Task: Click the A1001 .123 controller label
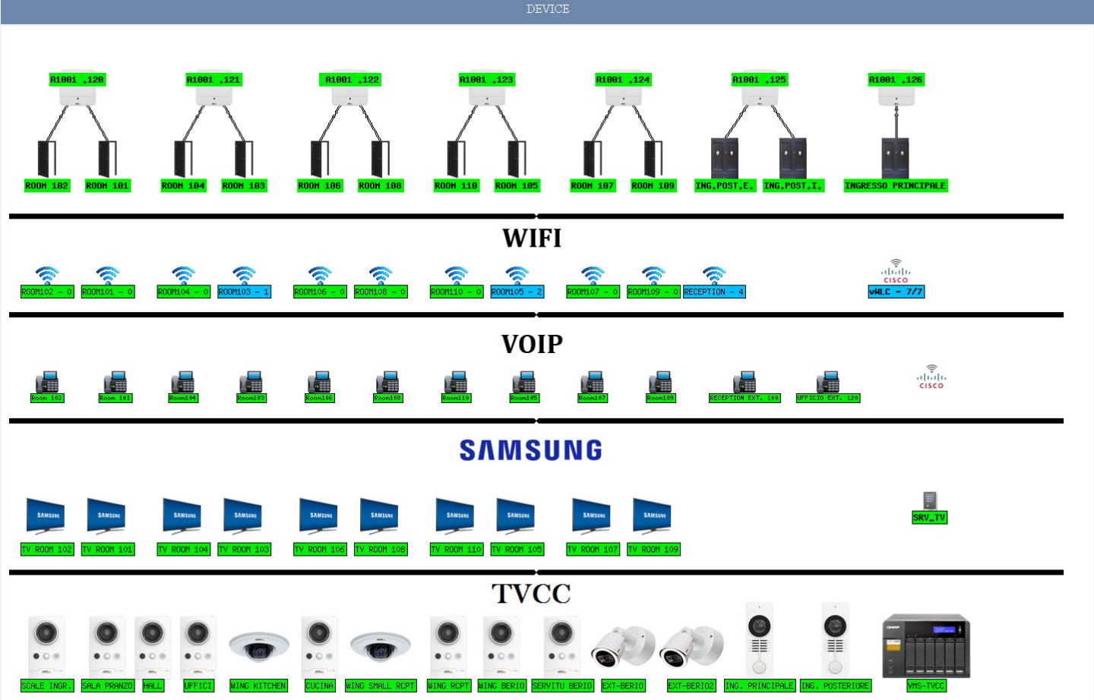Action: (486, 80)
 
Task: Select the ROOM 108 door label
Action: (380, 186)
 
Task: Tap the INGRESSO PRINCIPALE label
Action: (895, 186)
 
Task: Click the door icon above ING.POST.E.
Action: (725, 157)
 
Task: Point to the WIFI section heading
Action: (532, 238)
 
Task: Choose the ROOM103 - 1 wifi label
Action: (244, 292)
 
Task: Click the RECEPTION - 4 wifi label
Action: (714, 292)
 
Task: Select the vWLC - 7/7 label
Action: (896, 292)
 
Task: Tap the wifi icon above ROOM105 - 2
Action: (517, 275)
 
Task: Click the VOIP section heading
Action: (532, 345)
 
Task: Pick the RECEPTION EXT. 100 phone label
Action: (745, 398)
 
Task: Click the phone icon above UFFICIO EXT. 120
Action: (827, 381)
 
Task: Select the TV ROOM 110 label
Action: (456, 549)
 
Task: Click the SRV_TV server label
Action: (929, 518)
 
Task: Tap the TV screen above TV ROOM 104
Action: (182, 516)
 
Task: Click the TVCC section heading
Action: (531, 594)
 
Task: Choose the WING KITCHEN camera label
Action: (258, 686)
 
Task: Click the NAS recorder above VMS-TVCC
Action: (926, 646)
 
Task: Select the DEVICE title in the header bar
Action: (548, 9)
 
